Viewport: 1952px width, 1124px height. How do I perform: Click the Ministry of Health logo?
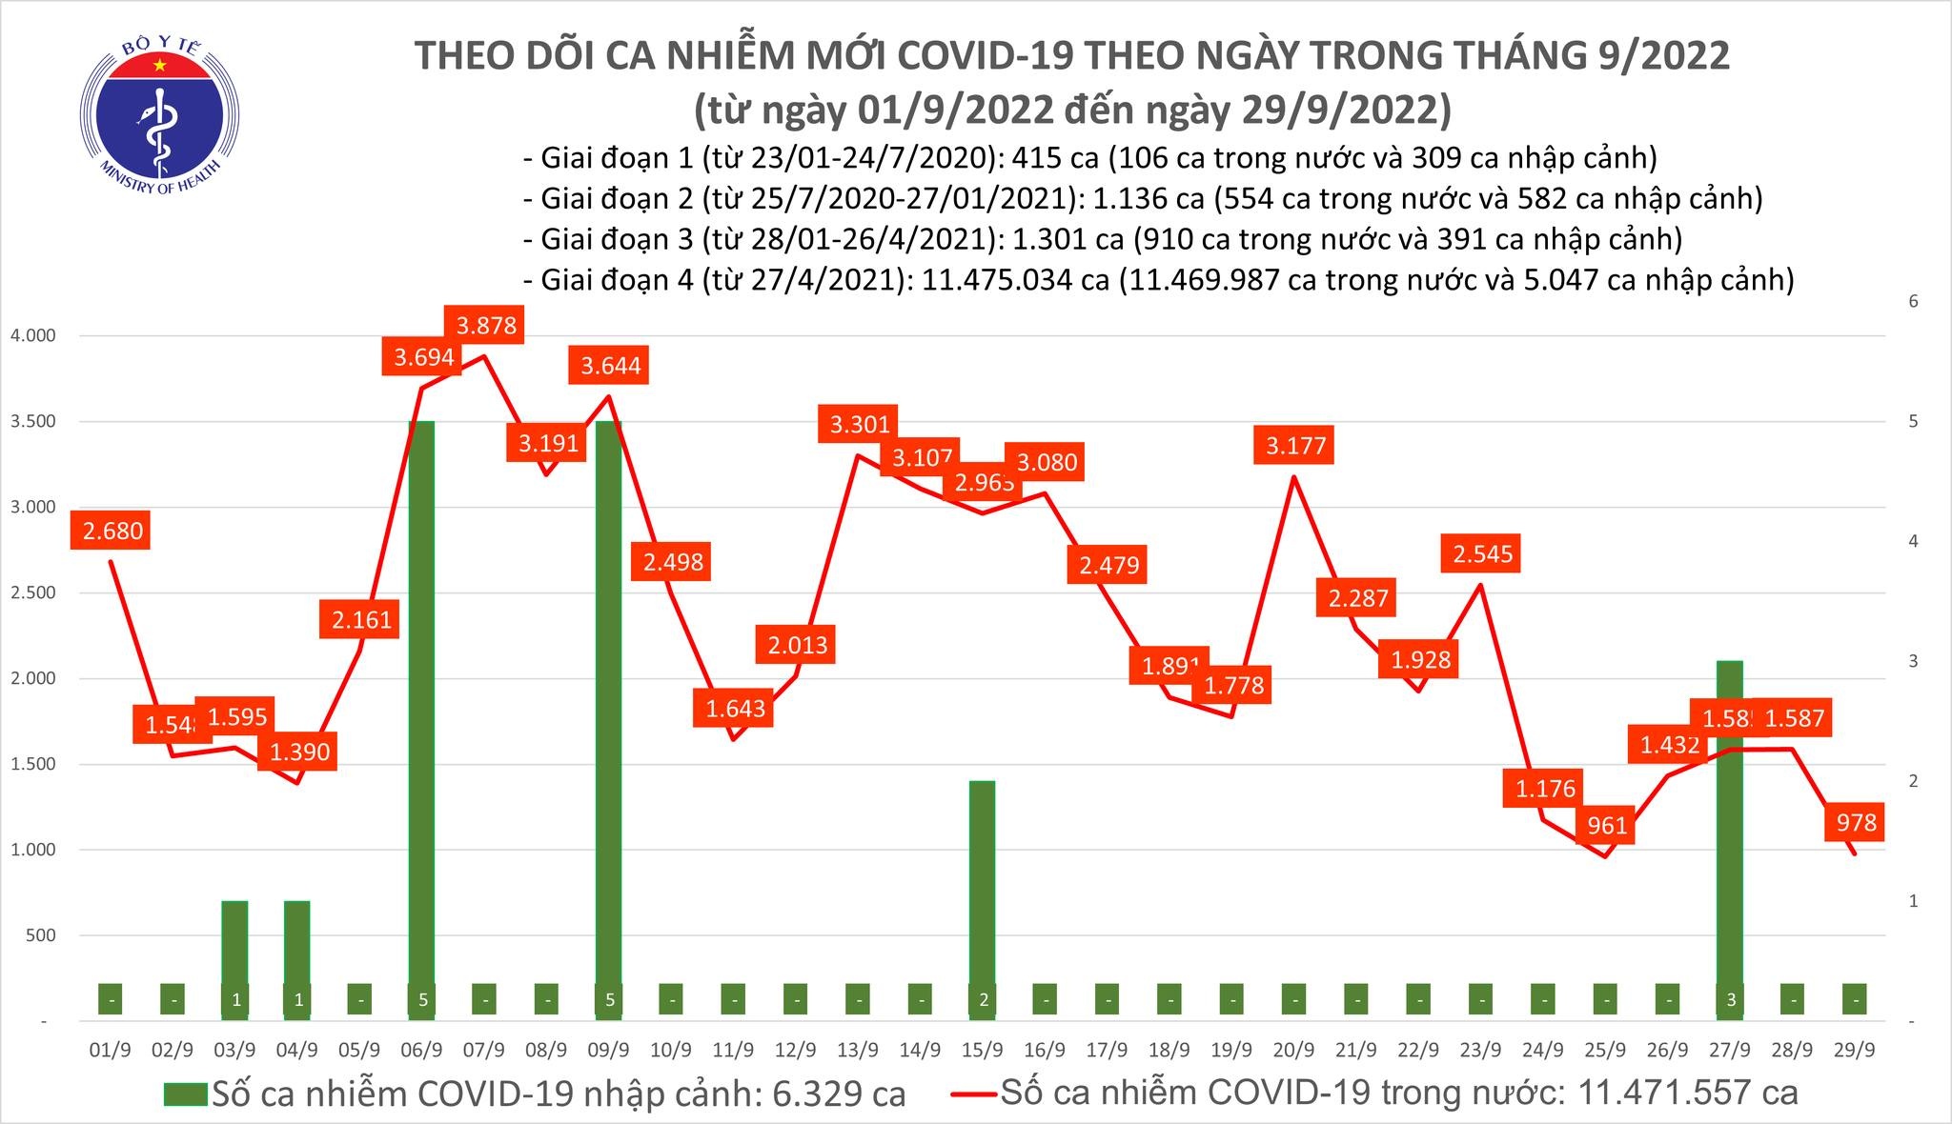[x=158, y=118]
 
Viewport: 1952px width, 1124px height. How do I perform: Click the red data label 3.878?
[x=486, y=326]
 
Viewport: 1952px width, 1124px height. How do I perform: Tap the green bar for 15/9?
[x=982, y=895]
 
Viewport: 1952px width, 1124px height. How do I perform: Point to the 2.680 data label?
[x=112, y=531]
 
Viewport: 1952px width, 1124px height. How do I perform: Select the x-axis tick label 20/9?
[x=1293, y=1050]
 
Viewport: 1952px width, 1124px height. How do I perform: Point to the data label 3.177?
[x=1295, y=445]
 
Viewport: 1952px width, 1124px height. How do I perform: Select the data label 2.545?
[x=1482, y=553]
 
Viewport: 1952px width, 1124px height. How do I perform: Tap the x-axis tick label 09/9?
[x=609, y=1050]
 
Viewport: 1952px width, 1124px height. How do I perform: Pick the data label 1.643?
[x=735, y=709]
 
